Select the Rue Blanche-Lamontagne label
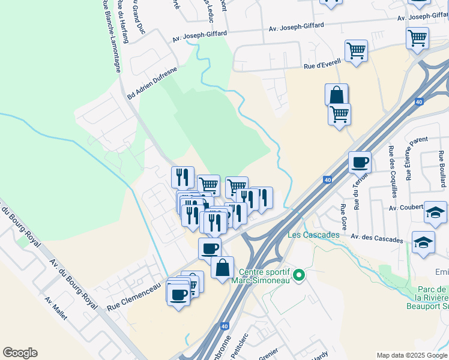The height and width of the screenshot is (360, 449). point(112,36)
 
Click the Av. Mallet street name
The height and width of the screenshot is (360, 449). point(56,308)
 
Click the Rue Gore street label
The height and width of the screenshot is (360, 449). point(344,217)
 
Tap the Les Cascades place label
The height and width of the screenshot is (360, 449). point(313,234)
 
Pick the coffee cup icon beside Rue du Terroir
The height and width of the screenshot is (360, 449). point(360,161)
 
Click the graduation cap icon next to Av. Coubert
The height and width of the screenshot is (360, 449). point(435,212)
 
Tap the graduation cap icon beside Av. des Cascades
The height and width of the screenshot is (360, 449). point(424,242)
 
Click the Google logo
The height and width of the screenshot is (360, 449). point(20,353)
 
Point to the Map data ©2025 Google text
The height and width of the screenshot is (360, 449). point(412,355)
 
